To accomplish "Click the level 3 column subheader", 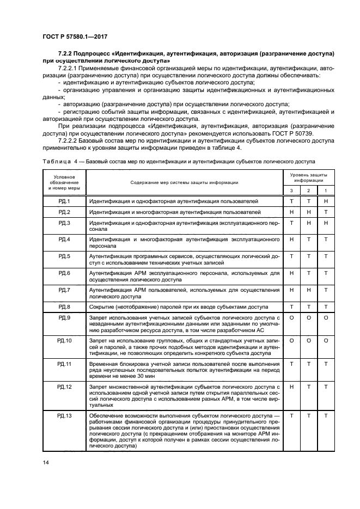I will (291, 190).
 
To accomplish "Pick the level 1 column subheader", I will (326, 190).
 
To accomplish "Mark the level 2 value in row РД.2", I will (309, 212).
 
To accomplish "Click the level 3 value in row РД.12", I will (291, 386).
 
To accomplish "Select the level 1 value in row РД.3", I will (326, 223).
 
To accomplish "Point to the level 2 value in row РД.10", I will (309, 340).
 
